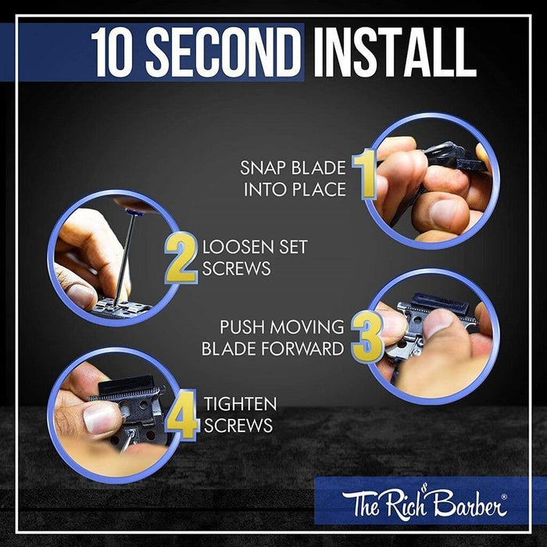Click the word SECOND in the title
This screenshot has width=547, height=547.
click(x=223, y=52)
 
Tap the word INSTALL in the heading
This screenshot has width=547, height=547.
click(x=395, y=52)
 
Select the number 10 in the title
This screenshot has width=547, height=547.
click(x=115, y=52)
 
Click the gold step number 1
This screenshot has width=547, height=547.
click(x=365, y=174)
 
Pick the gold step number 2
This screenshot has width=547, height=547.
click(x=181, y=258)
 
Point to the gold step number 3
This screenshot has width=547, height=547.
click(x=367, y=336)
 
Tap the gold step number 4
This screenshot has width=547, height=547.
click(x=183, y=415)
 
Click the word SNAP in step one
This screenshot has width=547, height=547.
click(x=263, y=168)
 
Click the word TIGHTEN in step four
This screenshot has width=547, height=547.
click(x=241, y=404)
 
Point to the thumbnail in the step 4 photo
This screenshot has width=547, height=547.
click(x=101, y=418)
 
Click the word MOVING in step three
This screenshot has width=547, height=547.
click(x=307, y=327)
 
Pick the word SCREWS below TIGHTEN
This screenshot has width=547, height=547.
click(x=238, y=425)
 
